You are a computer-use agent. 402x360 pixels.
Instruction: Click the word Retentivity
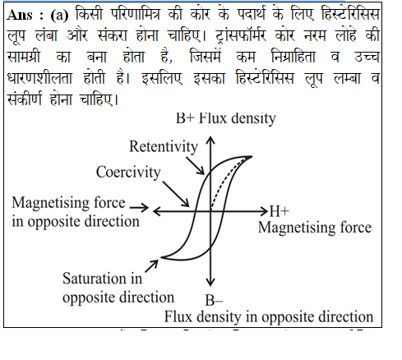pos(164,147)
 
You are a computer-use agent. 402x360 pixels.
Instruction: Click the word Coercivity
pos(128,173)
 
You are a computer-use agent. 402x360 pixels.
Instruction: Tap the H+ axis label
pos(280,211)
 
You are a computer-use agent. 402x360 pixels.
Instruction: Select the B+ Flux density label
pos(226,119)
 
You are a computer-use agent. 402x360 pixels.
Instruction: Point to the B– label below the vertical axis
pos(214,300)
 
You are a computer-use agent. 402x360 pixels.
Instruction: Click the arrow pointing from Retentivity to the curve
pos(195,165)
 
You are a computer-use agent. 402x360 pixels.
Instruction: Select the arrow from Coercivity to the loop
pos(176,194)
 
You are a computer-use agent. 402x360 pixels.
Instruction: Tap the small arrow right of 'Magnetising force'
pos(139,208)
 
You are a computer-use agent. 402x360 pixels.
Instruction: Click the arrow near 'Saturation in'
pos(152,265)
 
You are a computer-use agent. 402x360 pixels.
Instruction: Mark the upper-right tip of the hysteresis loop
pos(252,156)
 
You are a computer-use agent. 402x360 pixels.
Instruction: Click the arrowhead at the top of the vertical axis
pos(210,140)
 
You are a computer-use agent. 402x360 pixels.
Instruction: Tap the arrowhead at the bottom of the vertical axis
pos(210,282)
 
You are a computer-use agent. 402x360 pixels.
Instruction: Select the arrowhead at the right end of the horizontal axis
pos(264,211)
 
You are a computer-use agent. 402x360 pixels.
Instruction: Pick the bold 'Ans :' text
pos(25,15)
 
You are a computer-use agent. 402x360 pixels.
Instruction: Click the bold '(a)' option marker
pos(59,16)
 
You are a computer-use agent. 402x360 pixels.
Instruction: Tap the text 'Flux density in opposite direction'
pos(269,317)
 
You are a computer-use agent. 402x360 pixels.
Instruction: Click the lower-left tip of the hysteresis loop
pos(161,257)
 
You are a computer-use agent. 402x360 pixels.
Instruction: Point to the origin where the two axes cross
pos(210,211)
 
